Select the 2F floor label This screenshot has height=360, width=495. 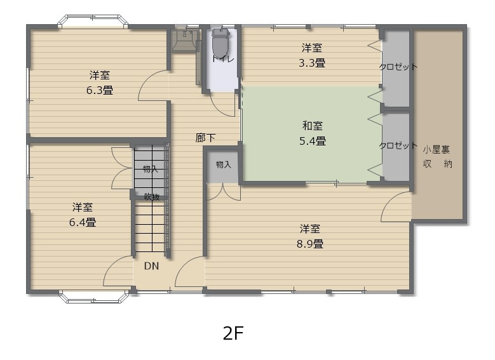[x=234, y=333]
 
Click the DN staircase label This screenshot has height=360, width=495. [x=151, y=266]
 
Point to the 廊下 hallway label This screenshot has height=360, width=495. [x=205, y=137]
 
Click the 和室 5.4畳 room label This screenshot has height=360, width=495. [x=313, y=133]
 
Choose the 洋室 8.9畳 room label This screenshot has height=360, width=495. [x=310, y=236]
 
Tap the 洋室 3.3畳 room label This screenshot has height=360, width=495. [x=311, y=55]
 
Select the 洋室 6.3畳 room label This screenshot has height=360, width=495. [x=100, y=83]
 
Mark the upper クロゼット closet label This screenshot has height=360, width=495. [x=398, y=67]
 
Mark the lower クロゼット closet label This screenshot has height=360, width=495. [x=398, y=145]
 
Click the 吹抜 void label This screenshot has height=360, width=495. [x=151, y=197]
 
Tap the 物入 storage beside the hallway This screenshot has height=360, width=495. [x=223, y=165]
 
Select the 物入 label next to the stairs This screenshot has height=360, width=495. [x=150, y=169]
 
